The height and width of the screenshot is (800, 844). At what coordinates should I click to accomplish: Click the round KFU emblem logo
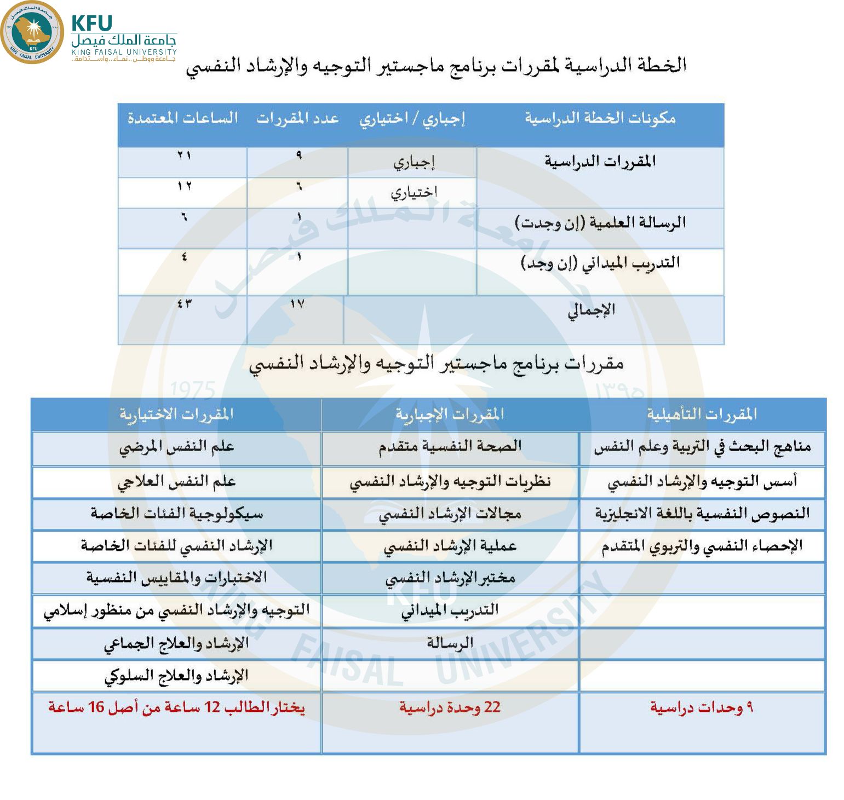tap(32, 32)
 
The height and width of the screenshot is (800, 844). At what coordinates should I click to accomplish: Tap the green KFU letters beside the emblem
tap(91, 23)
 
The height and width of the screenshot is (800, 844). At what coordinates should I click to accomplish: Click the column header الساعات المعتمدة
tap(182, 118)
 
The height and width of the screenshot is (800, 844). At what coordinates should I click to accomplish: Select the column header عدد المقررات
tap(297, 118)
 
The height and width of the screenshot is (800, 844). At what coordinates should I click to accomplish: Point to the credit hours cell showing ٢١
tap(184, 156)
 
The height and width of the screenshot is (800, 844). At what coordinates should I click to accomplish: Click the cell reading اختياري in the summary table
tap(414, 193)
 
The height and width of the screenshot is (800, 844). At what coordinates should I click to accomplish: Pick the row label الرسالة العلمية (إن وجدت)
tap(600, 222)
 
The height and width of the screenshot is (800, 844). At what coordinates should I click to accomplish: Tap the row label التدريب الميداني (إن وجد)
tap(600, 263)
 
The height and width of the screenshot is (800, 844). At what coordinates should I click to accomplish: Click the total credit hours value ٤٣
tap(184, 303)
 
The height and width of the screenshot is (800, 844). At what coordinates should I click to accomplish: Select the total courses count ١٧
tap(297, 304)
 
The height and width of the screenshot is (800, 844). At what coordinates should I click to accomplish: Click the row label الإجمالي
tap(591, 310)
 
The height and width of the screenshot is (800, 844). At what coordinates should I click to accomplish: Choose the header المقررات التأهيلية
tap(702, 414)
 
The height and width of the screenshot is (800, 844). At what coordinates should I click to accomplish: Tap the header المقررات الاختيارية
tap(176, 414)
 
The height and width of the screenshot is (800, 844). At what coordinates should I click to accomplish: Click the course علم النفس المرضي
tap(176, 447)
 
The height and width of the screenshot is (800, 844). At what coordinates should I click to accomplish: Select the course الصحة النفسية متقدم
tap(450, 447)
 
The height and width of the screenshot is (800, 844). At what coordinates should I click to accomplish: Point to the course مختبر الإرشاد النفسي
tap(450, 578)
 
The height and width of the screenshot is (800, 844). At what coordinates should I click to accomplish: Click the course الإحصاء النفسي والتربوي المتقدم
tap(702, 546)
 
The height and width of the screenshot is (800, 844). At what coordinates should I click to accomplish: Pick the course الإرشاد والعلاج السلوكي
tap(176, 676)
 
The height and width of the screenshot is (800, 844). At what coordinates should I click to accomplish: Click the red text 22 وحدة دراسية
tap(450, 707)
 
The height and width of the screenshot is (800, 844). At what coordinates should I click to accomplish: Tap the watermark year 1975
tap(192, 390)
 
